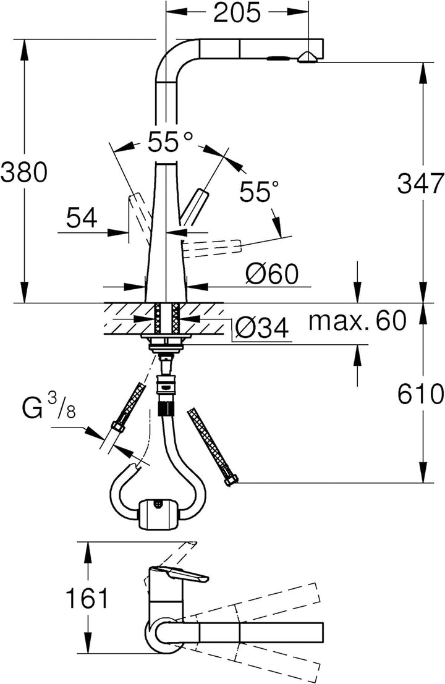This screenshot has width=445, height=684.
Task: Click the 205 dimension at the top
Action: pos(237,13)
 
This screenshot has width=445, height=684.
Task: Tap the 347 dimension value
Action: pos(420,184)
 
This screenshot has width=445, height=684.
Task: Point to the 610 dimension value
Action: pos(420,394)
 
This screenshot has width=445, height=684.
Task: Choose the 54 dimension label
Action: pos(82,217)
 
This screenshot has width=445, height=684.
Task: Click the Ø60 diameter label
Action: pos(272,274)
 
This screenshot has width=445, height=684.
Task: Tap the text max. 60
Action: pos(357,321)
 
